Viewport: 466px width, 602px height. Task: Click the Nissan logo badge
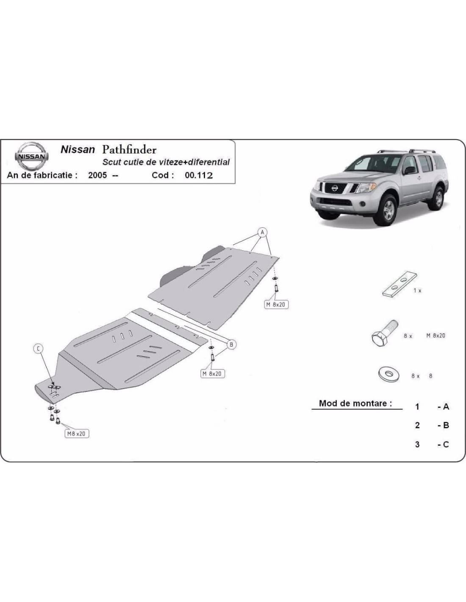click(x=31, y=156)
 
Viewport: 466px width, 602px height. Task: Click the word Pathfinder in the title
click(x=129, y=150)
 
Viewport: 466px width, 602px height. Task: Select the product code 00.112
click(x=199, y=175)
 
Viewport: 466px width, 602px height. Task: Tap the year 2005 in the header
click(x=97, y=175)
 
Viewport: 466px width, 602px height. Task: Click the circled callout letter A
click(x=262, y=232)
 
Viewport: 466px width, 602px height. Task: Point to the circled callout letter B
click(x=231, y=345)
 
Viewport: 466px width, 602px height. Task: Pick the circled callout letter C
click(x=38, y=349)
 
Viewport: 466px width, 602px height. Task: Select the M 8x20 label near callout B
click(x=212, y=374)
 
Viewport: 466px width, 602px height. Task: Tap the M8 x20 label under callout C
click(x=77, y=434)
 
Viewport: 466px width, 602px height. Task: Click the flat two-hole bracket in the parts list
click(x=399, y=284)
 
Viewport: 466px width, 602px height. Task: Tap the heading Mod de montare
click(x=356, y=403)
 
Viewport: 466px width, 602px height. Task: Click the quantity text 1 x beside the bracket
click(x=417, y=290)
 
